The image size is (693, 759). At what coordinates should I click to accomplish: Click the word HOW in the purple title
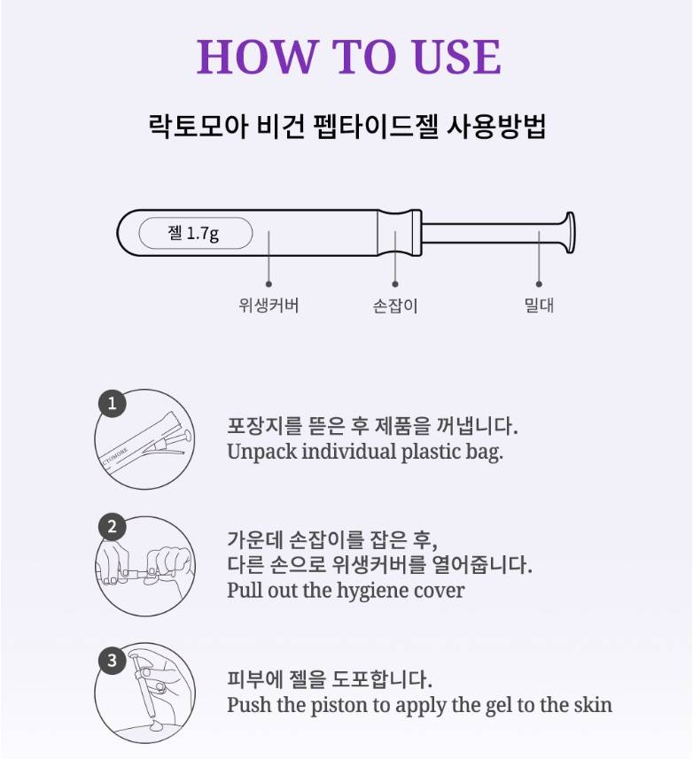coord(256,57)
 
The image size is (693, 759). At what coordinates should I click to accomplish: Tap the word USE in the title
coord(456,57)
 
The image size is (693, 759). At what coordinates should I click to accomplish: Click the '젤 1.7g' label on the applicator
coord(193,233)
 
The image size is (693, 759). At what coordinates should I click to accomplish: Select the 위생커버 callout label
coord(269,306)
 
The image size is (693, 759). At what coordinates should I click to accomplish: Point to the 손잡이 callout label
coord(395,306)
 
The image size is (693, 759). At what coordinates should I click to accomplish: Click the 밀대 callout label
coord(539,306)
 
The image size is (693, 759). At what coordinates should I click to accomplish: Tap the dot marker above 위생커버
coord(269,284)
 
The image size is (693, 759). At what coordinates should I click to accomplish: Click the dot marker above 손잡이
coord(395,284)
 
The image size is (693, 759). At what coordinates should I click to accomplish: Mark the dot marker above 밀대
coord(539,284)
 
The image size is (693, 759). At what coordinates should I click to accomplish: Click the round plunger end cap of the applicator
coord(570,233)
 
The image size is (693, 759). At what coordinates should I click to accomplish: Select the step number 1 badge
coord(113,403)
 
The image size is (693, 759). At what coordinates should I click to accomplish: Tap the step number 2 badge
coord(113,527)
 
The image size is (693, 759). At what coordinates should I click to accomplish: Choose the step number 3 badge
coord(113,661)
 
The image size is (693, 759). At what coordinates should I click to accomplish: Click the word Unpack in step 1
coord(261,453)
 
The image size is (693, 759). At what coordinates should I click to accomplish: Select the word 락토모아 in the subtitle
coord(199,127)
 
